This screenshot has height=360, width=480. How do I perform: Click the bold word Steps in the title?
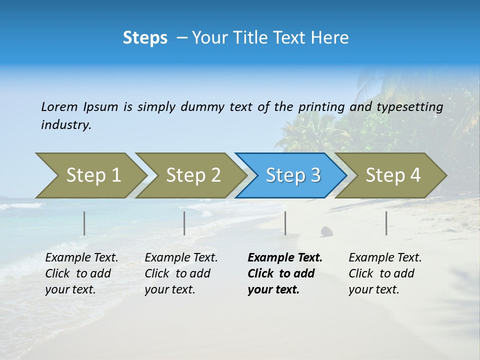pyautogui.click(x=145, y=38)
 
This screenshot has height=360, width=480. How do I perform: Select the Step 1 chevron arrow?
pyautogui.click(x=90, y=175)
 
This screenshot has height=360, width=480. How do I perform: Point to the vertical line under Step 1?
pyautogui.click(x=84, y=223)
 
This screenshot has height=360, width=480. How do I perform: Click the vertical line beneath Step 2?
pyautogui.click(x=184, y=223)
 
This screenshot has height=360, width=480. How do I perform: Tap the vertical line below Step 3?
pyautogui.click(x=285, y=223)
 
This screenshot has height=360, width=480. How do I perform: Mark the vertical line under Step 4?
pyautogui.click(x=386, y=223)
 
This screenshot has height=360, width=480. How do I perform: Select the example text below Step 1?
pyautogui.click(x=81, y=273)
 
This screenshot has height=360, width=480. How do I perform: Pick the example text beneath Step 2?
pyautogui.click(x=180, y=273)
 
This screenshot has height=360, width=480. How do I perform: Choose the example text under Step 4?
pyautogui.click(x=384, y=273)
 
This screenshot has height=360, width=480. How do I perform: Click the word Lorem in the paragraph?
pyautogui.click(x=59, y=107)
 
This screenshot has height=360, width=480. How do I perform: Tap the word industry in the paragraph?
pyautogui.click(x=66, y=125)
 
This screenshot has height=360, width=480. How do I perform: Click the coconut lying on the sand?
pyautogui.click(x=326, y=231)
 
